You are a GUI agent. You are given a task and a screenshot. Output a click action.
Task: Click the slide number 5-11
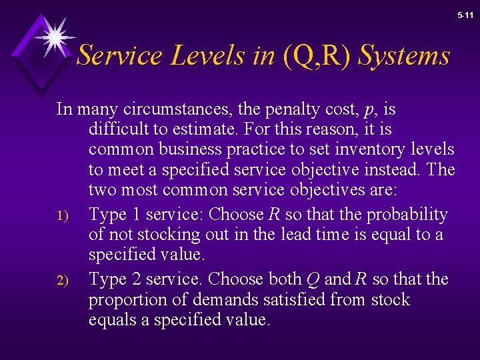click(x=465, y=14)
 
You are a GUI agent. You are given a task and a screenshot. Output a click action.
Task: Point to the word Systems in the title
click(x=404, y=56)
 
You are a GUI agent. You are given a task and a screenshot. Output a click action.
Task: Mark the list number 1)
click(x=63, y=216)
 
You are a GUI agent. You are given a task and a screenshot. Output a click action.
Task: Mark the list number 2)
click(x=63, y=280)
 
